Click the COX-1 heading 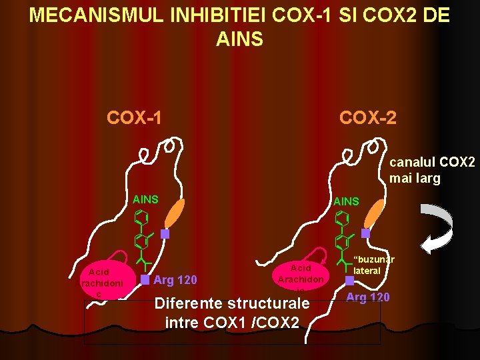pyautogui.click(x=134, y=118)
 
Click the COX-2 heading pyautogui.click(x=367, y=118)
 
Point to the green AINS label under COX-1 pyautogui.click(x=145, y=199)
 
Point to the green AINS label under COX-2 pyautogui.click(x=346, y=201)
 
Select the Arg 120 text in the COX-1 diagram pyautogui.click(x=175, y=278)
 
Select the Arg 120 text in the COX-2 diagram pyautogui.click(x=369, y=297)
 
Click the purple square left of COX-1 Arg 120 pyautogui.click(x=145, y=279)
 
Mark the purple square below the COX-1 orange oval pyautogui.click(x=165, y=234)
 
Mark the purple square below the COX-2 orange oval pyautogui.click(x=365, y=233)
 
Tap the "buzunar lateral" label pyautogui.click(x=373, y=265)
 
